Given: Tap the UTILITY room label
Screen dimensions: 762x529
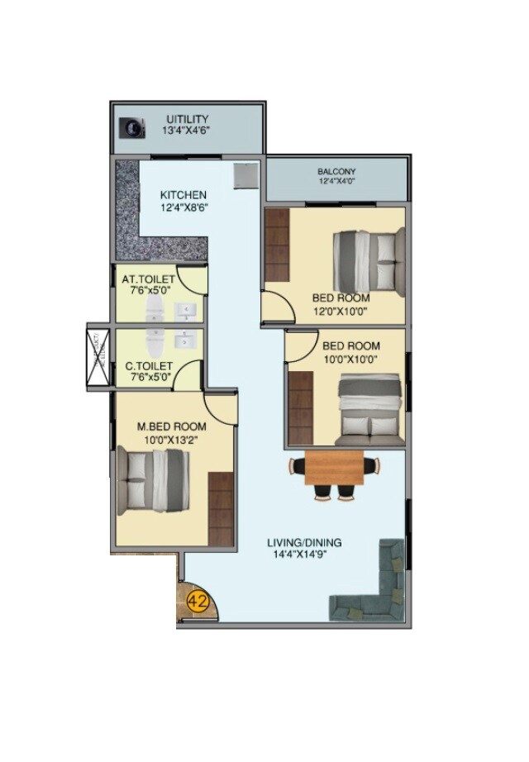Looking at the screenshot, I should click(187, 119).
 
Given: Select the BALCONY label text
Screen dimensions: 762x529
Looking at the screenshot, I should click(336, 172).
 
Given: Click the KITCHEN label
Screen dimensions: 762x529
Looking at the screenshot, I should click(183, 195).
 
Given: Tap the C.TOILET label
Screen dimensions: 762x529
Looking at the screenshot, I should click(148, 365).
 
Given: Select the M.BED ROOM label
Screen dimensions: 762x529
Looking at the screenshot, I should click(171, 426).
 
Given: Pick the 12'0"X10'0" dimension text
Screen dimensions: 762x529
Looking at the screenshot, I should click(340, 311).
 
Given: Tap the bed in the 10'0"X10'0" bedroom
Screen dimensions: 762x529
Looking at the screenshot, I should click(370, 408).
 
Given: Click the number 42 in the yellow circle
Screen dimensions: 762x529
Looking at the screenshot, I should click(198, 601).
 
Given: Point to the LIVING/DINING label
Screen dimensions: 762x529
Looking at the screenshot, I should click(304, 543).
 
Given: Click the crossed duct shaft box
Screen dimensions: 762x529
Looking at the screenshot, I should click(98, 355).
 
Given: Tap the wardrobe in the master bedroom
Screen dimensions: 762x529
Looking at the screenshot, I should click(221, 507).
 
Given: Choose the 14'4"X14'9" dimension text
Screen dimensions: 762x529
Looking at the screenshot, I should click(304, 555).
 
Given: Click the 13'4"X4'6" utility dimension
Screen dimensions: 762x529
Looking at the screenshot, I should click(187, 131).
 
